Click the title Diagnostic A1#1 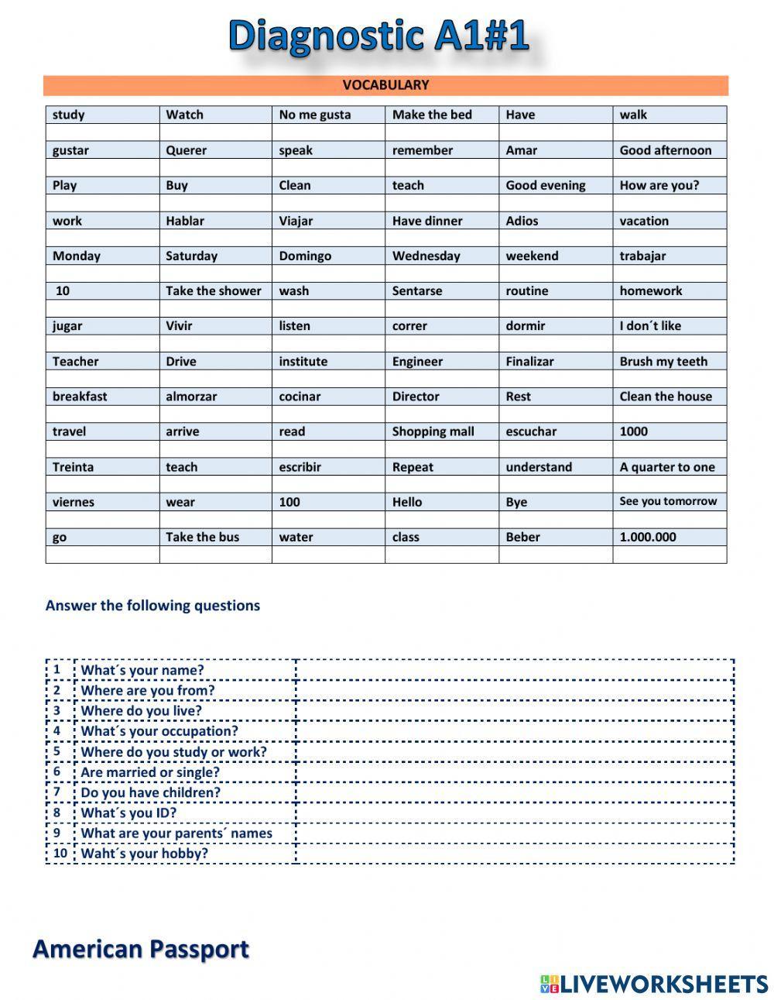(378, 36)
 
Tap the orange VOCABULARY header (385, 85)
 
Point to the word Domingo (305, 256)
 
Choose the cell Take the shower (214, 290)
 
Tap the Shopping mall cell (433, 431)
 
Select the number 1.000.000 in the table (648, 537)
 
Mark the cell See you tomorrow (668, 501)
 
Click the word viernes (74, 502)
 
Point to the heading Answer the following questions (152, 606)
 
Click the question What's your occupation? (159, 731)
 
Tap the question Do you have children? (150, 792)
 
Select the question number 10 (60, 853)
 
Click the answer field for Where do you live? (515, 710)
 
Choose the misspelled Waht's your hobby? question (144, 854)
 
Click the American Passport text (141, 949)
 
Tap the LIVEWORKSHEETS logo (653, 984)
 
